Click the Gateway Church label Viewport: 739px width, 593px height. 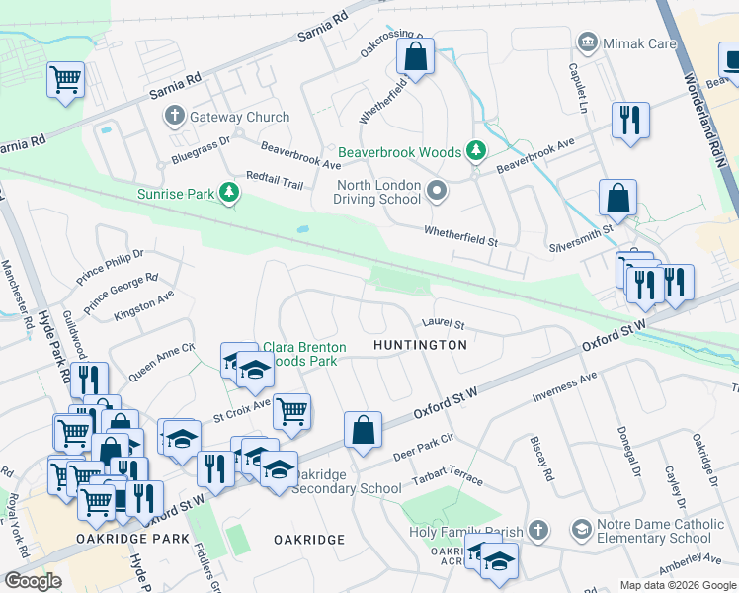240,117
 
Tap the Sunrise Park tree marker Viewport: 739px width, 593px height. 230,193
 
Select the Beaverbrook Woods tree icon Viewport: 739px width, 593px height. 477,151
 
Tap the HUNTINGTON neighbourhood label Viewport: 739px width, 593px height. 420,345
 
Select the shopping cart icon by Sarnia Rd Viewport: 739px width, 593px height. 65,78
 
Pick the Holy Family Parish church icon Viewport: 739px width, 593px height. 536,531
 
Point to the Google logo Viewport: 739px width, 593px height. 33,581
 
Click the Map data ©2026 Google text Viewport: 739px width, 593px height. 677,585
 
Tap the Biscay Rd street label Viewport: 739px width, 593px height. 542,460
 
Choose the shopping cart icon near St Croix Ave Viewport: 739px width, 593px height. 291,410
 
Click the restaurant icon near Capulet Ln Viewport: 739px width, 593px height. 629,121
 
